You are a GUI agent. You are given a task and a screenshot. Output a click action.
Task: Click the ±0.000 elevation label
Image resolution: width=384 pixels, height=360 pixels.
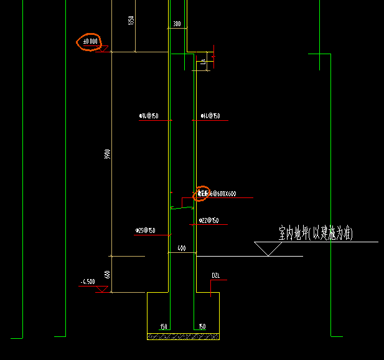coord(90,42)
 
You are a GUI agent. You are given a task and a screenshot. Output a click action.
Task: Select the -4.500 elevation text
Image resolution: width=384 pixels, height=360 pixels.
coord(87,282)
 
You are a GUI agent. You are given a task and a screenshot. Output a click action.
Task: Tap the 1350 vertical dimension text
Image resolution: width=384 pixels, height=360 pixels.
coord(131,20)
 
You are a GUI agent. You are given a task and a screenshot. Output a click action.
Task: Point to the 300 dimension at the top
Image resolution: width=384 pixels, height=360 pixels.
coord(177,24)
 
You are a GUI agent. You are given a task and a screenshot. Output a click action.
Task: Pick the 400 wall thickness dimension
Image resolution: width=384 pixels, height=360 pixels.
coord(182,248)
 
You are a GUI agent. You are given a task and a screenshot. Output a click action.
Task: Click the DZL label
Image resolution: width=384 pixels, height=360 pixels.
coord(216,275)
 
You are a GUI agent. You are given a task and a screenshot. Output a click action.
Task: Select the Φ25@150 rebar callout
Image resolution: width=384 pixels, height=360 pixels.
coord(146,230)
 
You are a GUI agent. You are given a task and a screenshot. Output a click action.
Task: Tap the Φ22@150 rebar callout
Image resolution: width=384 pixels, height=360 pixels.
coord(209,220)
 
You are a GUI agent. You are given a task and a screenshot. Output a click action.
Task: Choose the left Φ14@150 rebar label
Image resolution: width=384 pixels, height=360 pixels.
coord(149,116)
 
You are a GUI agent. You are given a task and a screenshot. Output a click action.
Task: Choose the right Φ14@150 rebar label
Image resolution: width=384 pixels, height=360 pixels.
coord(210,116)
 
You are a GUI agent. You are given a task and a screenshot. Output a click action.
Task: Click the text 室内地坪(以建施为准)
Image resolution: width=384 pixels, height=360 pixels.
coord(316,234)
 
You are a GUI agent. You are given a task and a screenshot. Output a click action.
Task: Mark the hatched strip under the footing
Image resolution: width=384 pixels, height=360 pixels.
coord(183,336)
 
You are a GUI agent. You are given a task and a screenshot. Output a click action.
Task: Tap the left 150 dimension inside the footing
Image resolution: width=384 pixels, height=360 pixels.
coord(164,326)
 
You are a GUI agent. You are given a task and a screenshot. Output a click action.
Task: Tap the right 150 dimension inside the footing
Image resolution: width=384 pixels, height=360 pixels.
coord(202,326)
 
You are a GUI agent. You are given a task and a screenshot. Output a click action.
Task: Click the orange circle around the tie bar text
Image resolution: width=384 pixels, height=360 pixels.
coord(202,194)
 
